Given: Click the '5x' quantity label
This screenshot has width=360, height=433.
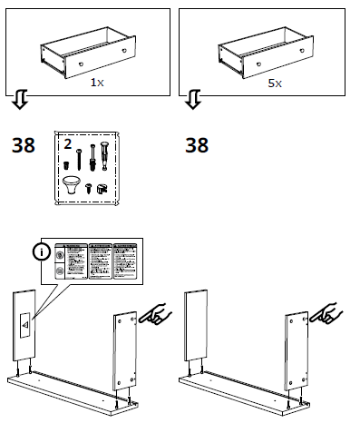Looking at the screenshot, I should coord(274,82).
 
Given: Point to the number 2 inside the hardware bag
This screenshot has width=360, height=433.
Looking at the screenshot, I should coord(67,143).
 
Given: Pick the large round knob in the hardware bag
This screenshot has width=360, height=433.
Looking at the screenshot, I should coord(72,187).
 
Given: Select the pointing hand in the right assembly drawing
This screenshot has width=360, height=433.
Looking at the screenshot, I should coord(326,315).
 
